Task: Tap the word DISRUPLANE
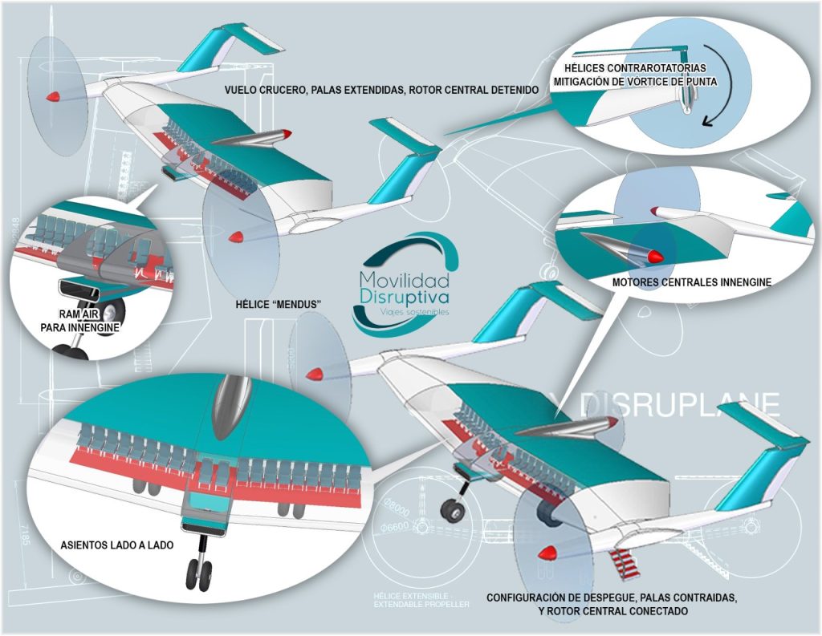point(680,403)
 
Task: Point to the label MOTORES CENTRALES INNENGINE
point(691,282)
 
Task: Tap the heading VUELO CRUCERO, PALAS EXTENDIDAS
point(381,90)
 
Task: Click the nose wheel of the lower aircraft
point(449,507)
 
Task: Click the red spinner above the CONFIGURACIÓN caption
point(550,553)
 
